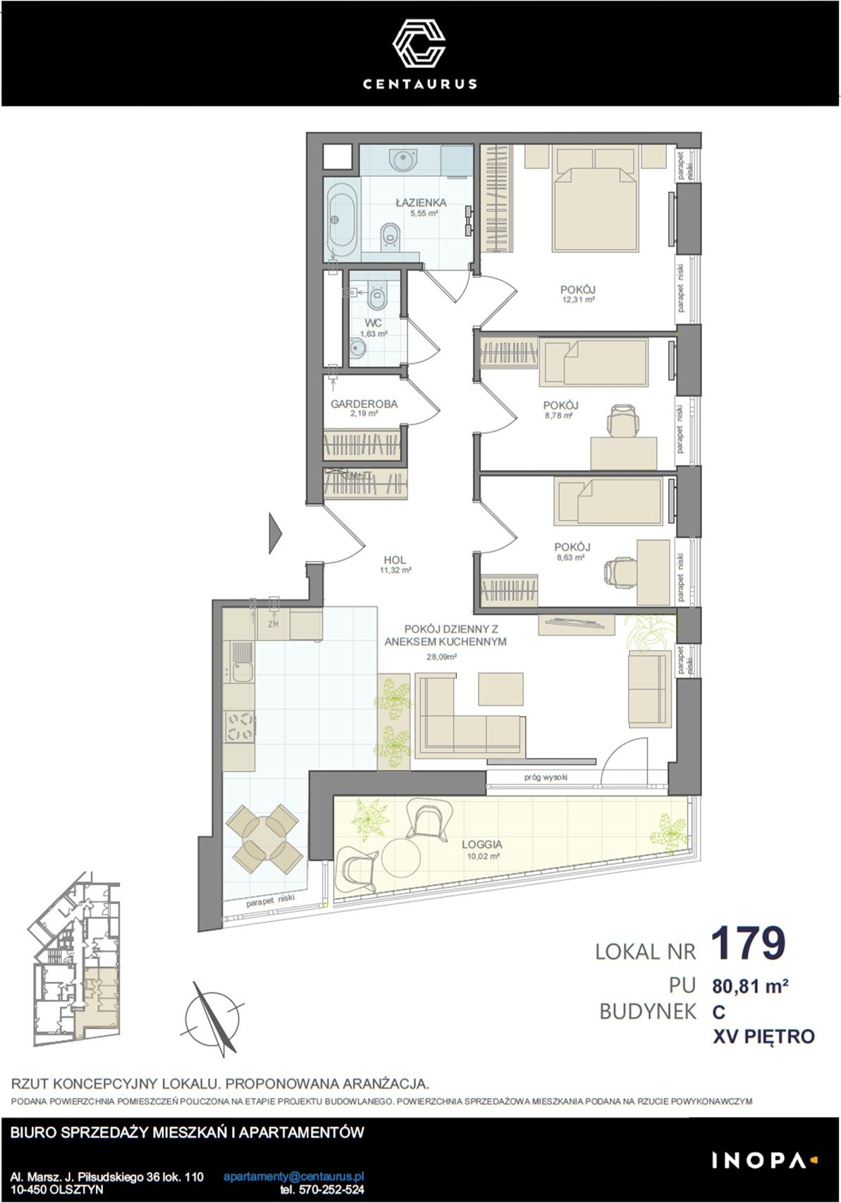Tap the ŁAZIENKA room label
[421, 202]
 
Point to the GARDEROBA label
[364, 403]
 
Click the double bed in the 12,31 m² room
[596, 199]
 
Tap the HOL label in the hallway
[395, 560]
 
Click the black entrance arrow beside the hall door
[275, 533]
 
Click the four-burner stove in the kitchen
[240, 726]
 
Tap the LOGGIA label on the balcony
[481, 844]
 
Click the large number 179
[748, 943]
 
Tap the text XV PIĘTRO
[763, 1036]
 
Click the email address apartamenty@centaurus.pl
[294, 1176]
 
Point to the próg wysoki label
[546, 777]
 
